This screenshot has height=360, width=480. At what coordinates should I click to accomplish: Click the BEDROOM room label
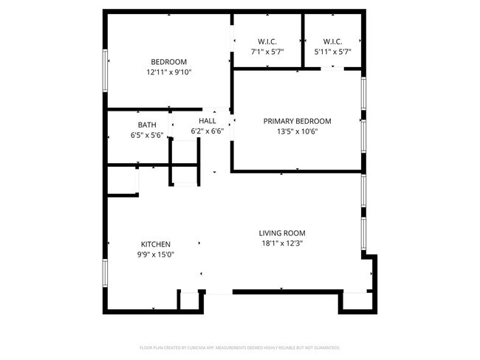click(x=168, y=62)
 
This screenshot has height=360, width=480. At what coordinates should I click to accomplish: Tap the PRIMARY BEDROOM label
click(x=297, y=121)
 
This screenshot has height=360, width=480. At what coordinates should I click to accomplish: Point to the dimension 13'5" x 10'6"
click(x=297, y=132)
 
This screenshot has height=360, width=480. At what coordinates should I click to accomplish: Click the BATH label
click(x=146, y=125)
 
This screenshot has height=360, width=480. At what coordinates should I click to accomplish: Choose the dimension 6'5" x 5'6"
click(x=146, y=135)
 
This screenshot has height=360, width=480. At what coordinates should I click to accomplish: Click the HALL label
click(x=207, y=120)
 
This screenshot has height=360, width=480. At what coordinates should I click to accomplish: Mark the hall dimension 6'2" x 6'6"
click(x=207, y=131)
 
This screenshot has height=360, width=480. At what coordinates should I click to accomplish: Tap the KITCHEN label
click(x=156, y=244)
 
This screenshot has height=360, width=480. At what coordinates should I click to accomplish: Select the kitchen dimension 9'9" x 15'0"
click(x=156, y=255)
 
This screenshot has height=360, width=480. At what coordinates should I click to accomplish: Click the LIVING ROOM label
click(x=281, y=232)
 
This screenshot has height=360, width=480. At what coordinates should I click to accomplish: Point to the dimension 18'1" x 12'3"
click(x=281, y=243)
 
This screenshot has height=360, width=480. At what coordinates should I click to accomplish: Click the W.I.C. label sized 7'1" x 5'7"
click(x=267, y=41)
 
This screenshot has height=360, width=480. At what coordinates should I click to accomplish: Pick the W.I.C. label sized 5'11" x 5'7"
click(x=332, y=41)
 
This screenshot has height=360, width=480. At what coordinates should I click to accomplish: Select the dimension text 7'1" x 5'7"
click(x=267, y=52)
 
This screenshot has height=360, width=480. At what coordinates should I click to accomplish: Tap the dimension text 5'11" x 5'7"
click(x=332, y=52)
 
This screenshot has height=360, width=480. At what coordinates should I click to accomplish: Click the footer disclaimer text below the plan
click(x=239, y=347)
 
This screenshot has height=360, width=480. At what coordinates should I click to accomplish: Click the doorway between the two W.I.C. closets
click(x=304, y=41)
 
